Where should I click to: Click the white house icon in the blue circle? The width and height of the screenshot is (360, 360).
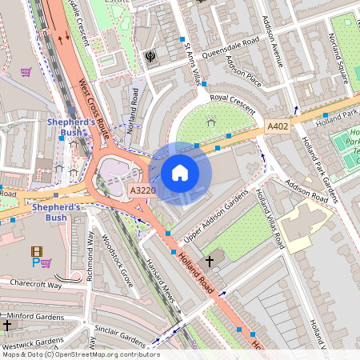click(180, 173)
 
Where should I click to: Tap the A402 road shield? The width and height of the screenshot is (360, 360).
click(277, 126)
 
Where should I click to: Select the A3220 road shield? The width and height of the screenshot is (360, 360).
click(142, 190)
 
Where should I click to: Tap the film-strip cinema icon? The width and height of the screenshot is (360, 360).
click(36, 251)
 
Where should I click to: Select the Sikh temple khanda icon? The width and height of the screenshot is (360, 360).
click(150, 56)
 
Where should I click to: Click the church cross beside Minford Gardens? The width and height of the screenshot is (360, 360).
click(7, 326)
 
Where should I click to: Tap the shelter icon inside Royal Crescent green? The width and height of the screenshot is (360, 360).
click(210, 121)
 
